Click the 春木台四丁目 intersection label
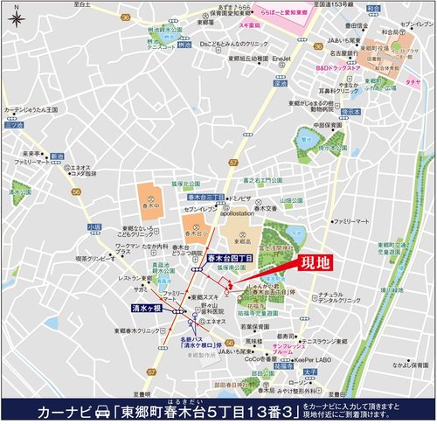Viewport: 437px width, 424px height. pos(231,259)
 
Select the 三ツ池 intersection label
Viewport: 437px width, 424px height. pos(11,125)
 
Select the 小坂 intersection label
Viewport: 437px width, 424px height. pos(94,226)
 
